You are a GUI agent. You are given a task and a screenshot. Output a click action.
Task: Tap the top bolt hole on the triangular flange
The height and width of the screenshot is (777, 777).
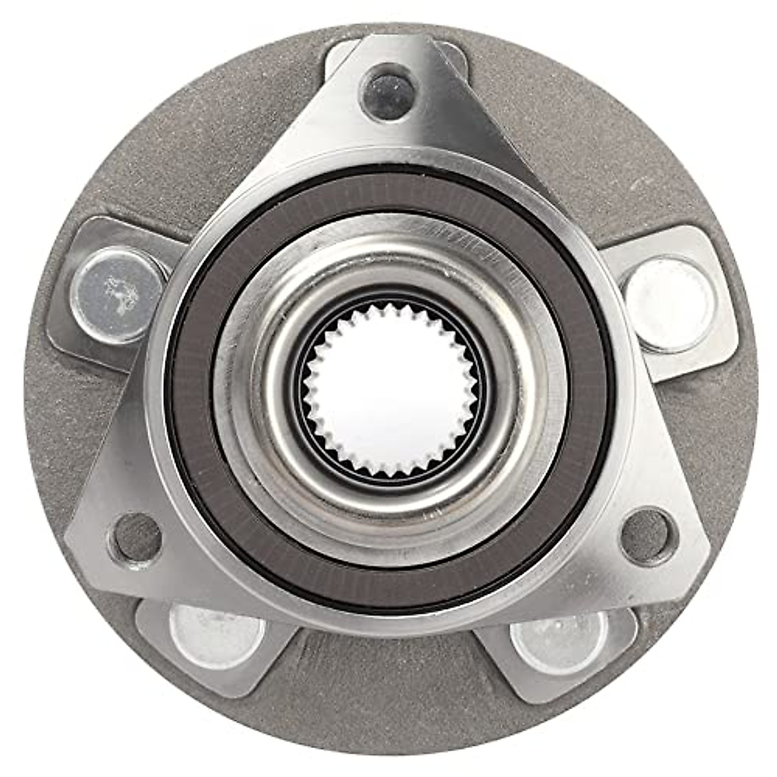[x=387, y=93]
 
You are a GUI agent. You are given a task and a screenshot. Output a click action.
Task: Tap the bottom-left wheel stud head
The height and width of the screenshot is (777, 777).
[x=217, y=636]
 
